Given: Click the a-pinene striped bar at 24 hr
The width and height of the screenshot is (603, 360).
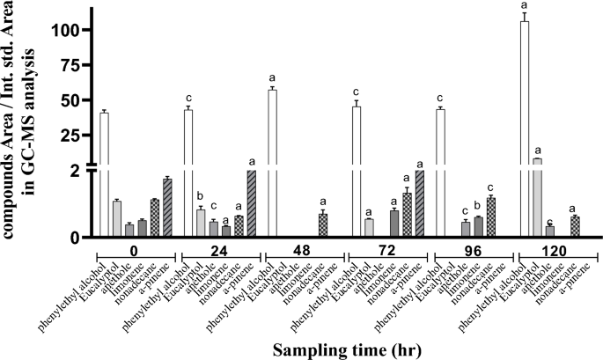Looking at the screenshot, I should (251, 203).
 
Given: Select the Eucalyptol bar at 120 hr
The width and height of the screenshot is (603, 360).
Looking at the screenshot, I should (537, 198).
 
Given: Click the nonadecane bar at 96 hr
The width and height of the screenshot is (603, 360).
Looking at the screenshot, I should (490, 217).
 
